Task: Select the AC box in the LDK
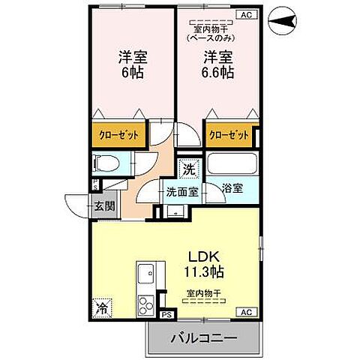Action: click(x=245, y=310)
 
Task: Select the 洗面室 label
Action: click(x=182, y=192)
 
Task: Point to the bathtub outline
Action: click(x=232, y=164)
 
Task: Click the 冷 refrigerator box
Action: click(x=100, y=308)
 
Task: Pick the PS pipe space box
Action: click(x=166, y=315)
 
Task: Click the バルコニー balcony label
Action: click(x=204, y=339)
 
